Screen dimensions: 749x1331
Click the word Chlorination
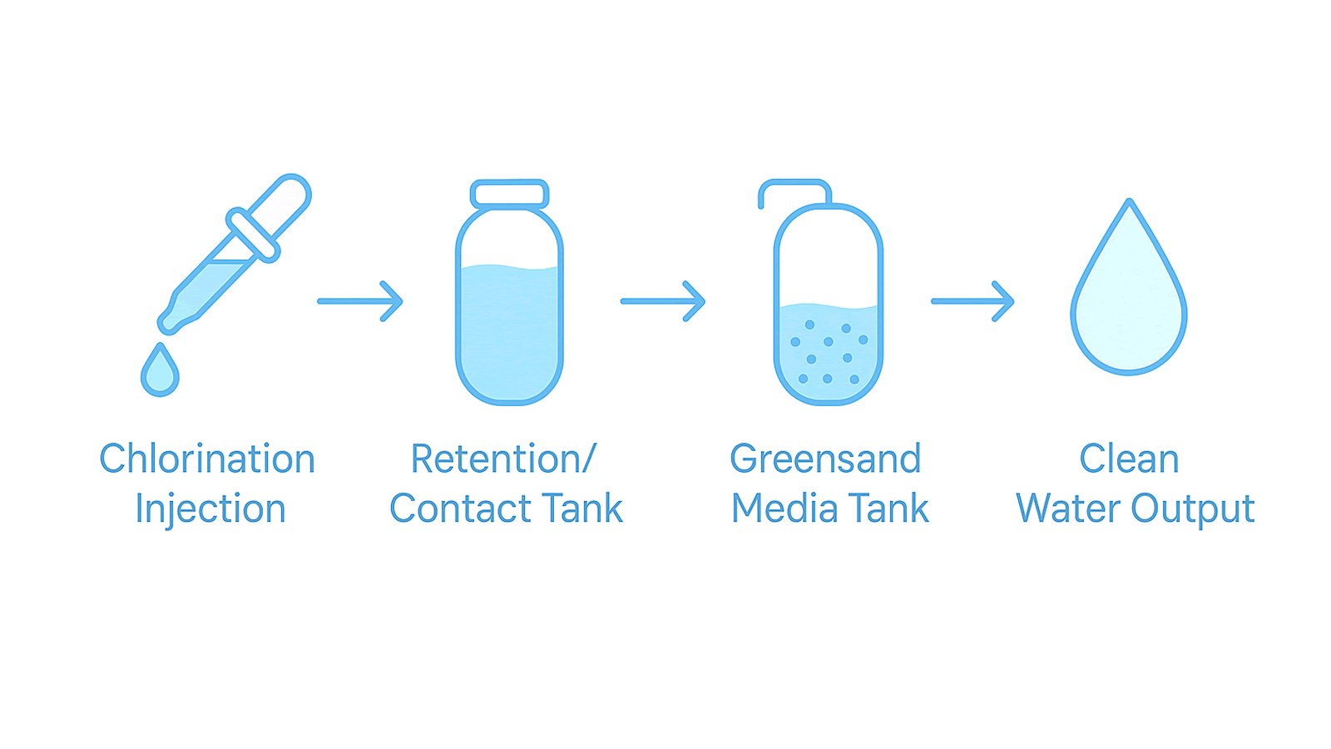pyautogui.click(x=207, y=459)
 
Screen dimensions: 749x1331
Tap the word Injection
pyautogui.click(x=210, y=508)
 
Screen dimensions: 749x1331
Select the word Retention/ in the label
pyautogui.click(x=504, y=459)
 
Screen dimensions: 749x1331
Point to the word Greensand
pyautogui.click(x=825, y=459)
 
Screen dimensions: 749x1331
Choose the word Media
pyautogui.click(x=784, y=508)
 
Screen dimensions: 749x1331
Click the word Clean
pyautogui.click(x=1129, y=459)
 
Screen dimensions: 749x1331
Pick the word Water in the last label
pyautogui.click(x=1068, y=508)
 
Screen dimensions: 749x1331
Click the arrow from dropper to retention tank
pyautogui.click(x=360, y=300)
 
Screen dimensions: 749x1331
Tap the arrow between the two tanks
pyautogui.click(x=663, y=300)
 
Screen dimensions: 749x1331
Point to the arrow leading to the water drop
pyautogui.click(x=972, y=300)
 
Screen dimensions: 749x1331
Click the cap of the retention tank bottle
pyautogui.click(x=509, y=194)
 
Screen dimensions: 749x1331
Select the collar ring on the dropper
pyautogui.click(x=252, y=236)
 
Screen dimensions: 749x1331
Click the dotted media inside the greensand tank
pyautogui.click(x=828, y=354)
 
